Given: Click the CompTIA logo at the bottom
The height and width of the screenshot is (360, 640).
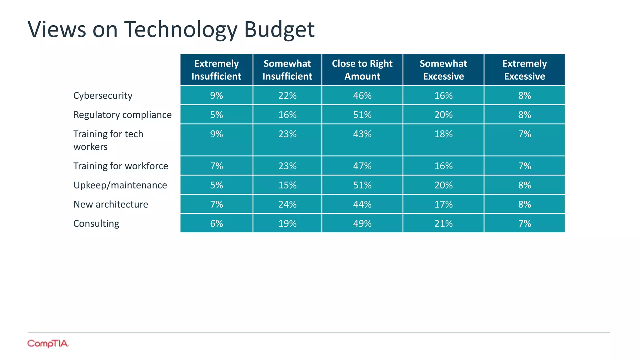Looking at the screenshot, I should pos(47,343).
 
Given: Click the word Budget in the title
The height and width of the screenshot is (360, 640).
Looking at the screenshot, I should pos(279,30).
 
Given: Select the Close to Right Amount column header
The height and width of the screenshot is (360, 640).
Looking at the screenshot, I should pos(362,70).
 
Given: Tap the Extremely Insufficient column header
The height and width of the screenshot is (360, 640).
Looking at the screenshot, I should pos(216,70).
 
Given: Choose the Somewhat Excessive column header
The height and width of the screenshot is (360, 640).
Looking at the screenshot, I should pos(443,70).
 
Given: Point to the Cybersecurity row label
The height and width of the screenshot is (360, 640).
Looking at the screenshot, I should pos(103,96).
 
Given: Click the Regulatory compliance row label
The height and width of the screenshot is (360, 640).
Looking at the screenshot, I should pos(122,115).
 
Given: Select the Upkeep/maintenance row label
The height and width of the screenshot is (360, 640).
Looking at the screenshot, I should pos(120,185).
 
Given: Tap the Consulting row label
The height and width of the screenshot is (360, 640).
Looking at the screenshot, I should pos(96,223).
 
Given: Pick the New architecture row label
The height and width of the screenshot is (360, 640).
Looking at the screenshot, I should pos(111,204).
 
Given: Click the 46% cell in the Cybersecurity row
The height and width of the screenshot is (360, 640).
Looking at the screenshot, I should pos(362,96).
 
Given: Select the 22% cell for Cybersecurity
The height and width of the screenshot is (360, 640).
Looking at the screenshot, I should pos(287,96).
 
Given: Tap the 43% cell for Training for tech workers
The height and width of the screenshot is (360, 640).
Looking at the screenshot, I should pos(362,134).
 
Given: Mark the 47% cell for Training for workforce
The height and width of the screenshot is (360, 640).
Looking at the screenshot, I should pos(362,166).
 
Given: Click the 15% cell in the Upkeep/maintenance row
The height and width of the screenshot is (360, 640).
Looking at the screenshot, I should pos(287,185).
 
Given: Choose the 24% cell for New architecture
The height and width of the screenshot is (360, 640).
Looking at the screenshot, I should pos(287,204).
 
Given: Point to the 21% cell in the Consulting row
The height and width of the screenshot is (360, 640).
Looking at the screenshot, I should pos(443,223).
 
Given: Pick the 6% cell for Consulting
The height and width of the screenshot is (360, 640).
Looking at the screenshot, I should pos(216,223).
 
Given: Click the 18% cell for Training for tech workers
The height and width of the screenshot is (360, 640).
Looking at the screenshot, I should pos(443,134).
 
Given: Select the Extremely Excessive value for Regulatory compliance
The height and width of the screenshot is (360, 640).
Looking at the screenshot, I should pos(524,115).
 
